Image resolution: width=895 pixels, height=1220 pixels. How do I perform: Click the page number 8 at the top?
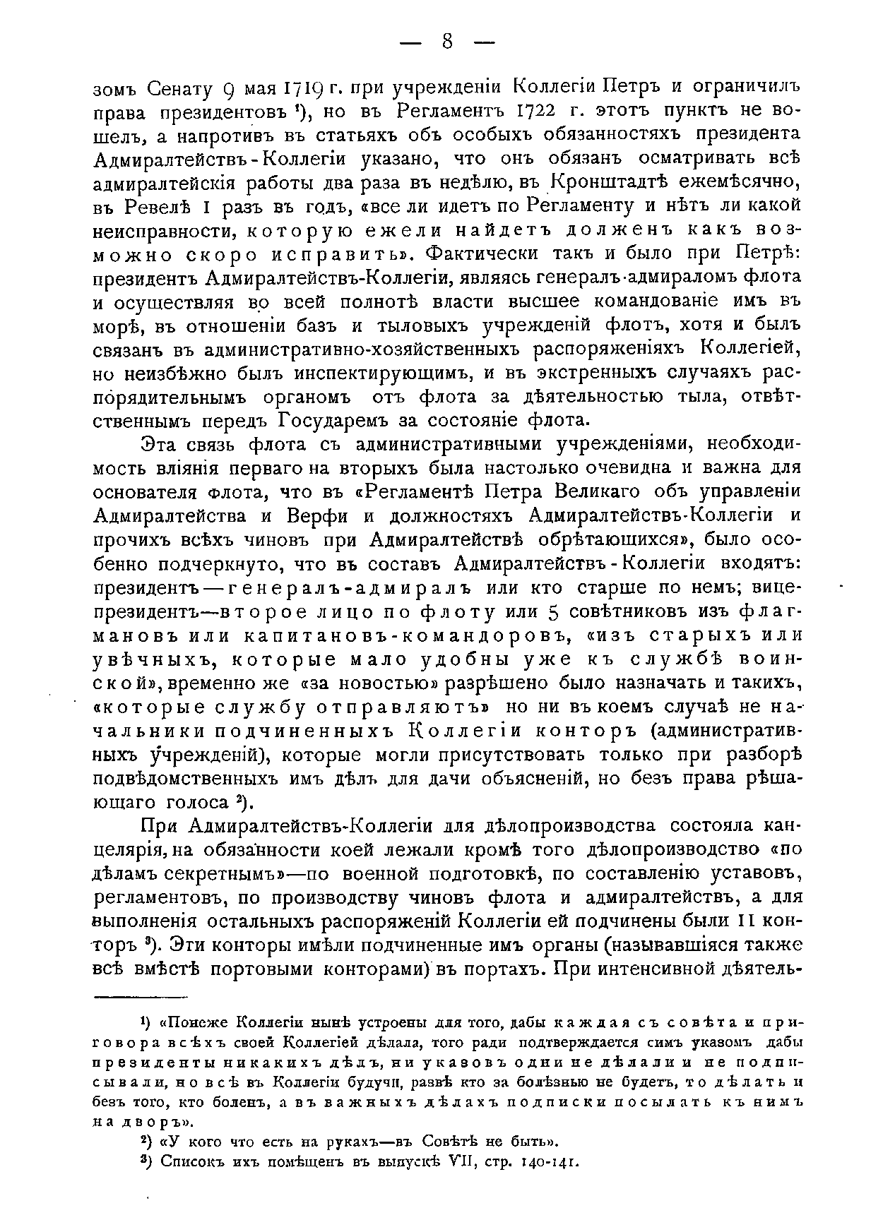pos(446,43)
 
